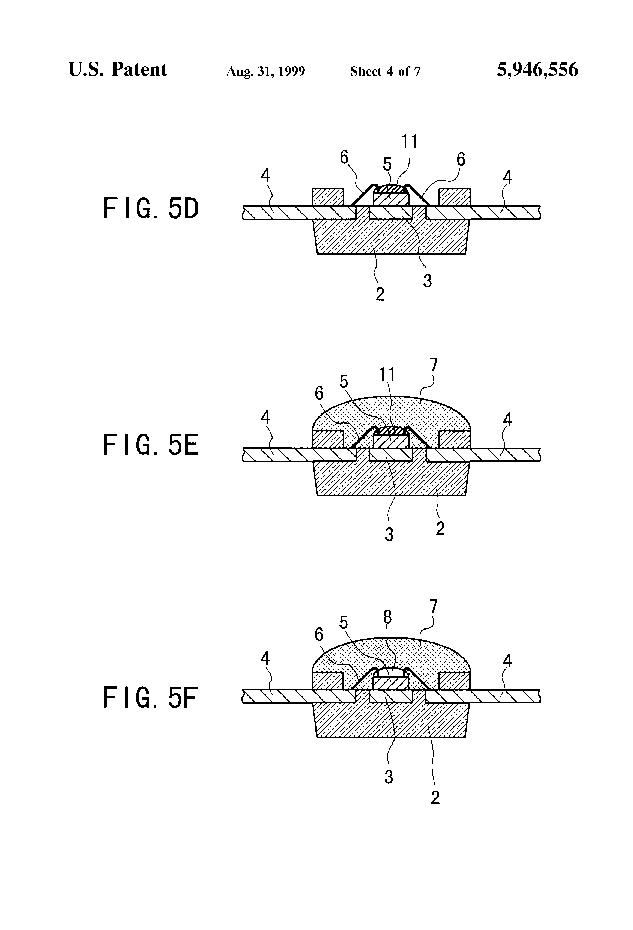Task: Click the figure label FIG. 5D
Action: coord(151,208)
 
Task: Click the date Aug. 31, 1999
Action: coord(266,71)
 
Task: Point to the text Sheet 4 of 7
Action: coord(385,71)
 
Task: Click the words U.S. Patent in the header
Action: coord(118,70)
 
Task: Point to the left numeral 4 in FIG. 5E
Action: coord(265,417)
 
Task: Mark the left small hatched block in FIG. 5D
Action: coord(328,197)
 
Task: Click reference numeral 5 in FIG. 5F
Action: coord(343,623)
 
